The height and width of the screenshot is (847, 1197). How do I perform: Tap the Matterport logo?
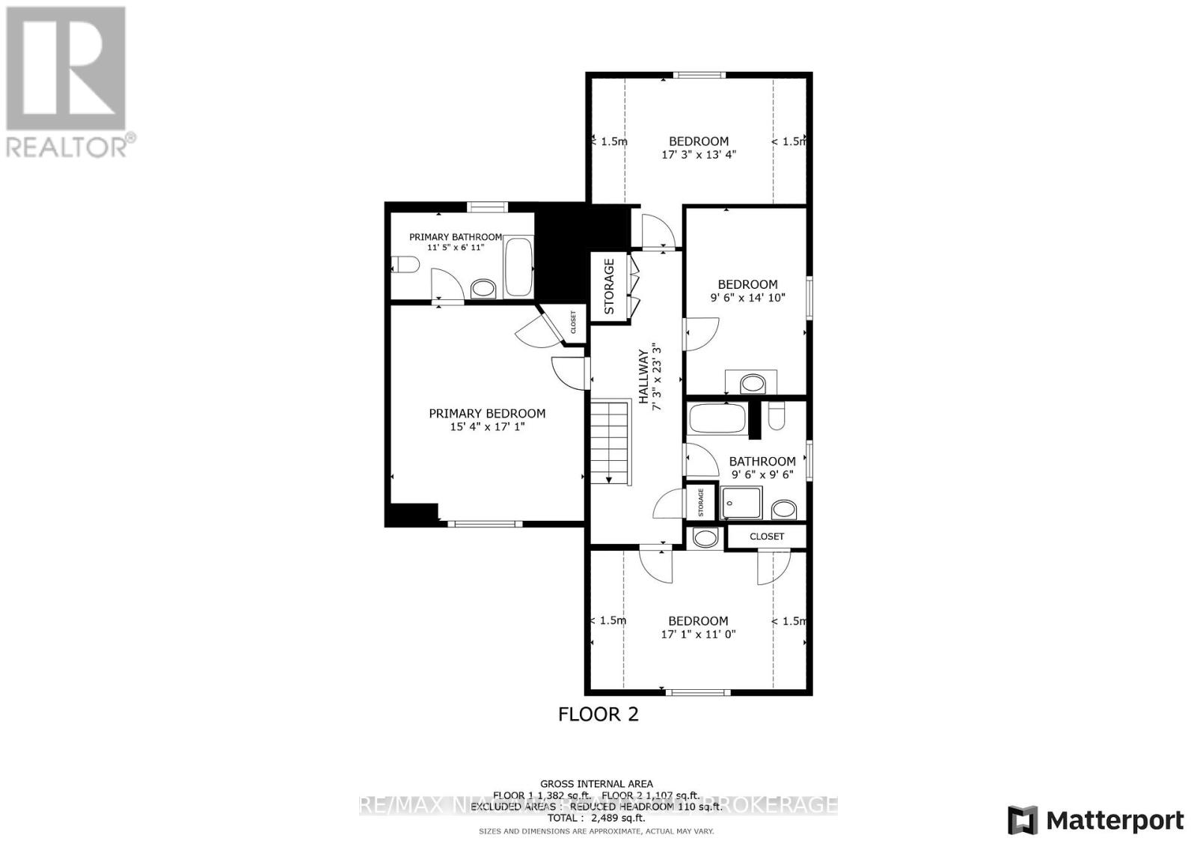pyautogui.click(x=1097, y=820)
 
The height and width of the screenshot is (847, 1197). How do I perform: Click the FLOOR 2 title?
pyautogui.click(x=598, y=714)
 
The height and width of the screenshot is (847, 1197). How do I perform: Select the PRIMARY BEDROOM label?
pyautogui.click(x=487, y=413)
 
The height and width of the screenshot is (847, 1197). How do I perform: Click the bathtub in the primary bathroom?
pyautogui.click(x=518, y=267)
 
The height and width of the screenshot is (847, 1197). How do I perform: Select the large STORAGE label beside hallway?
pyautogui.click(x=609, y=287)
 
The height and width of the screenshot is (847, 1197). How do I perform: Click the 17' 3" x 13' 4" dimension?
pyautogui.click(x=699, y=155)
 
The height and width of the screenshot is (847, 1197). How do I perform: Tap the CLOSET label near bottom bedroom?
pyautogui.click(x=767, y=536)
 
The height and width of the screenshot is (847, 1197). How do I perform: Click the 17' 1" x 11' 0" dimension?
pyautogui.click(x=698, y=635)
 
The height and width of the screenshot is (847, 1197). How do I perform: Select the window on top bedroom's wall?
pyautogui.click(x=699, y=74)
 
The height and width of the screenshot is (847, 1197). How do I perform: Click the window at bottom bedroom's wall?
pyautogui.click(x=697, y=692)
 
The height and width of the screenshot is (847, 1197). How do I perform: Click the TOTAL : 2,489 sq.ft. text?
pyautogui.click(x=596, y=819)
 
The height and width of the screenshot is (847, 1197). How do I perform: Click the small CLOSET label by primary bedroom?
pyautogui.click(x=574, y=323)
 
